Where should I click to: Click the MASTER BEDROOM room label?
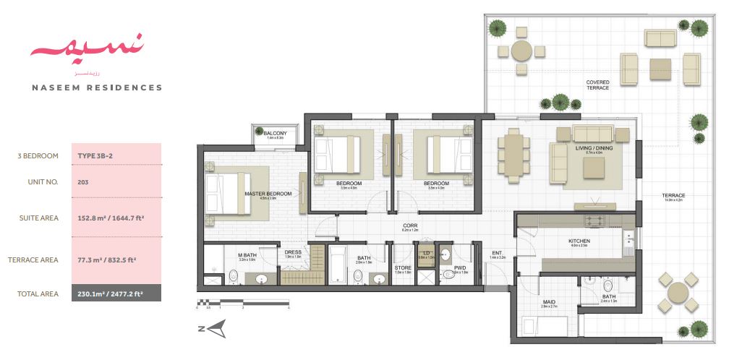coord(268,194)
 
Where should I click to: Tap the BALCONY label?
coord(275,134)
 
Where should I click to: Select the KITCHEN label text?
coord(579,241)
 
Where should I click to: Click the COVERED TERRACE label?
coord(597,85)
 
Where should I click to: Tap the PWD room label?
coord(460,267)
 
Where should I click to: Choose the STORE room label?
coord(403,267)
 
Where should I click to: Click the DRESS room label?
coord(292,252)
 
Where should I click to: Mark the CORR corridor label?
coord(409,226)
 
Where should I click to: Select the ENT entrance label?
coord(496,252)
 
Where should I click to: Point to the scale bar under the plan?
coord(243,301)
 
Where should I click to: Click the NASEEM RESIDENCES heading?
coord(97,87)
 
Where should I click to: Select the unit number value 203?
coord(83,182)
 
